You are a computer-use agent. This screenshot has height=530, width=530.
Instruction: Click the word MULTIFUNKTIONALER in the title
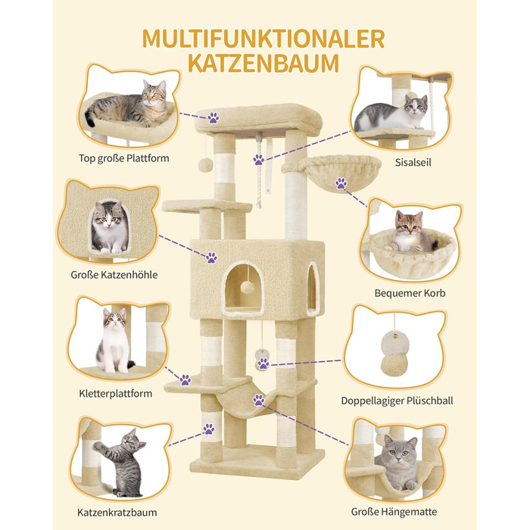[263, 39]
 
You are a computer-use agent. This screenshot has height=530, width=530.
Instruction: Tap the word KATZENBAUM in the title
[263, 63]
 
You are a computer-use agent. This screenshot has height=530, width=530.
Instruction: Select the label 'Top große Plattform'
[123, 158]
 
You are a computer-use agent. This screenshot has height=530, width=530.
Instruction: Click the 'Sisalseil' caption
[413, 162]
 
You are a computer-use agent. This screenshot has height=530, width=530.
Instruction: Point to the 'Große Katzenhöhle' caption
[114, 274]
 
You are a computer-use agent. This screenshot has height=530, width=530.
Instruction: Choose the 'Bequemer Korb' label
[410, 293]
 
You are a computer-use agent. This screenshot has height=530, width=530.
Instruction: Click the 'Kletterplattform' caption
[115, 394]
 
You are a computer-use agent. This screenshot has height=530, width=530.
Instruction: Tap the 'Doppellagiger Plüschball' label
[397, 401]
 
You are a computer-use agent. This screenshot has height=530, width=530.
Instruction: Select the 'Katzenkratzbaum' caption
[117, 513]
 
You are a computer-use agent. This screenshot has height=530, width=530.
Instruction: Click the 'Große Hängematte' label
[394, 512]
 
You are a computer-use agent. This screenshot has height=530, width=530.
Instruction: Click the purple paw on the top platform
[214, 118]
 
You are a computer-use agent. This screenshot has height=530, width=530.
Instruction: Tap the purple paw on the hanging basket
[341, 183]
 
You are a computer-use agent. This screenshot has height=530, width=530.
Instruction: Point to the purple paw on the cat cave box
[211, 257]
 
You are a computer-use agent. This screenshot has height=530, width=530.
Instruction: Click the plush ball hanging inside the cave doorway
[248, 288]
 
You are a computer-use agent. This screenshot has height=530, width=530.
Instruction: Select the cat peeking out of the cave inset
[109, 227]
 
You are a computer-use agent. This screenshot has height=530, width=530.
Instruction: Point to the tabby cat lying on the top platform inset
[128, 104]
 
